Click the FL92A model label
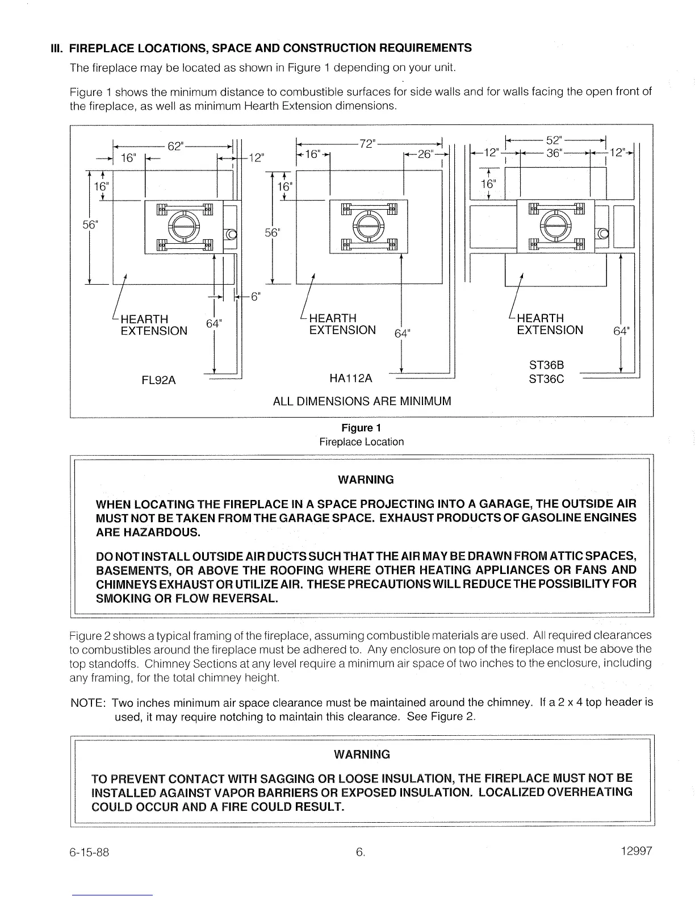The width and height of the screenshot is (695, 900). coord(158,380)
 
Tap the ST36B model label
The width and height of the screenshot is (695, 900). coord(546,365)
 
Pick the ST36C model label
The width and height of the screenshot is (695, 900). coord(546,378)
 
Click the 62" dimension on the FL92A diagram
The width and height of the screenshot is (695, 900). coord(176,146)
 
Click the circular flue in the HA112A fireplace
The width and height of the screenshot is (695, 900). coord(368,226)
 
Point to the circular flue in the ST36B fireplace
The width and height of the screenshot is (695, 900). coord(555,226)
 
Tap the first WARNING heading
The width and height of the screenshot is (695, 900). coord(366,480)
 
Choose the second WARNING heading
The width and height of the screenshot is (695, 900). coord(362,755)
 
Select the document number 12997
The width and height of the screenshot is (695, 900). coord(637,851)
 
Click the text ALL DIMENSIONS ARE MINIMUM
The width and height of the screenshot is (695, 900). coord(362,401)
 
